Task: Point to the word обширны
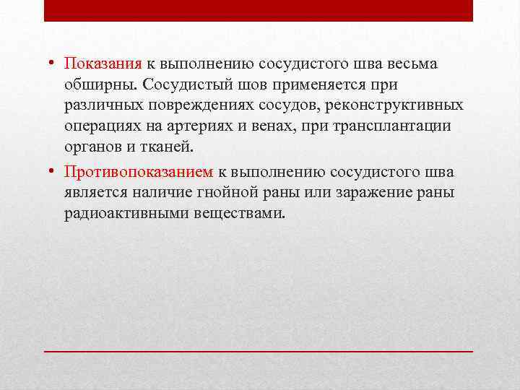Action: point(100,85)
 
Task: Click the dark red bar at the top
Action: point(259,10)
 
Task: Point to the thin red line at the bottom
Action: point(259,350)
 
